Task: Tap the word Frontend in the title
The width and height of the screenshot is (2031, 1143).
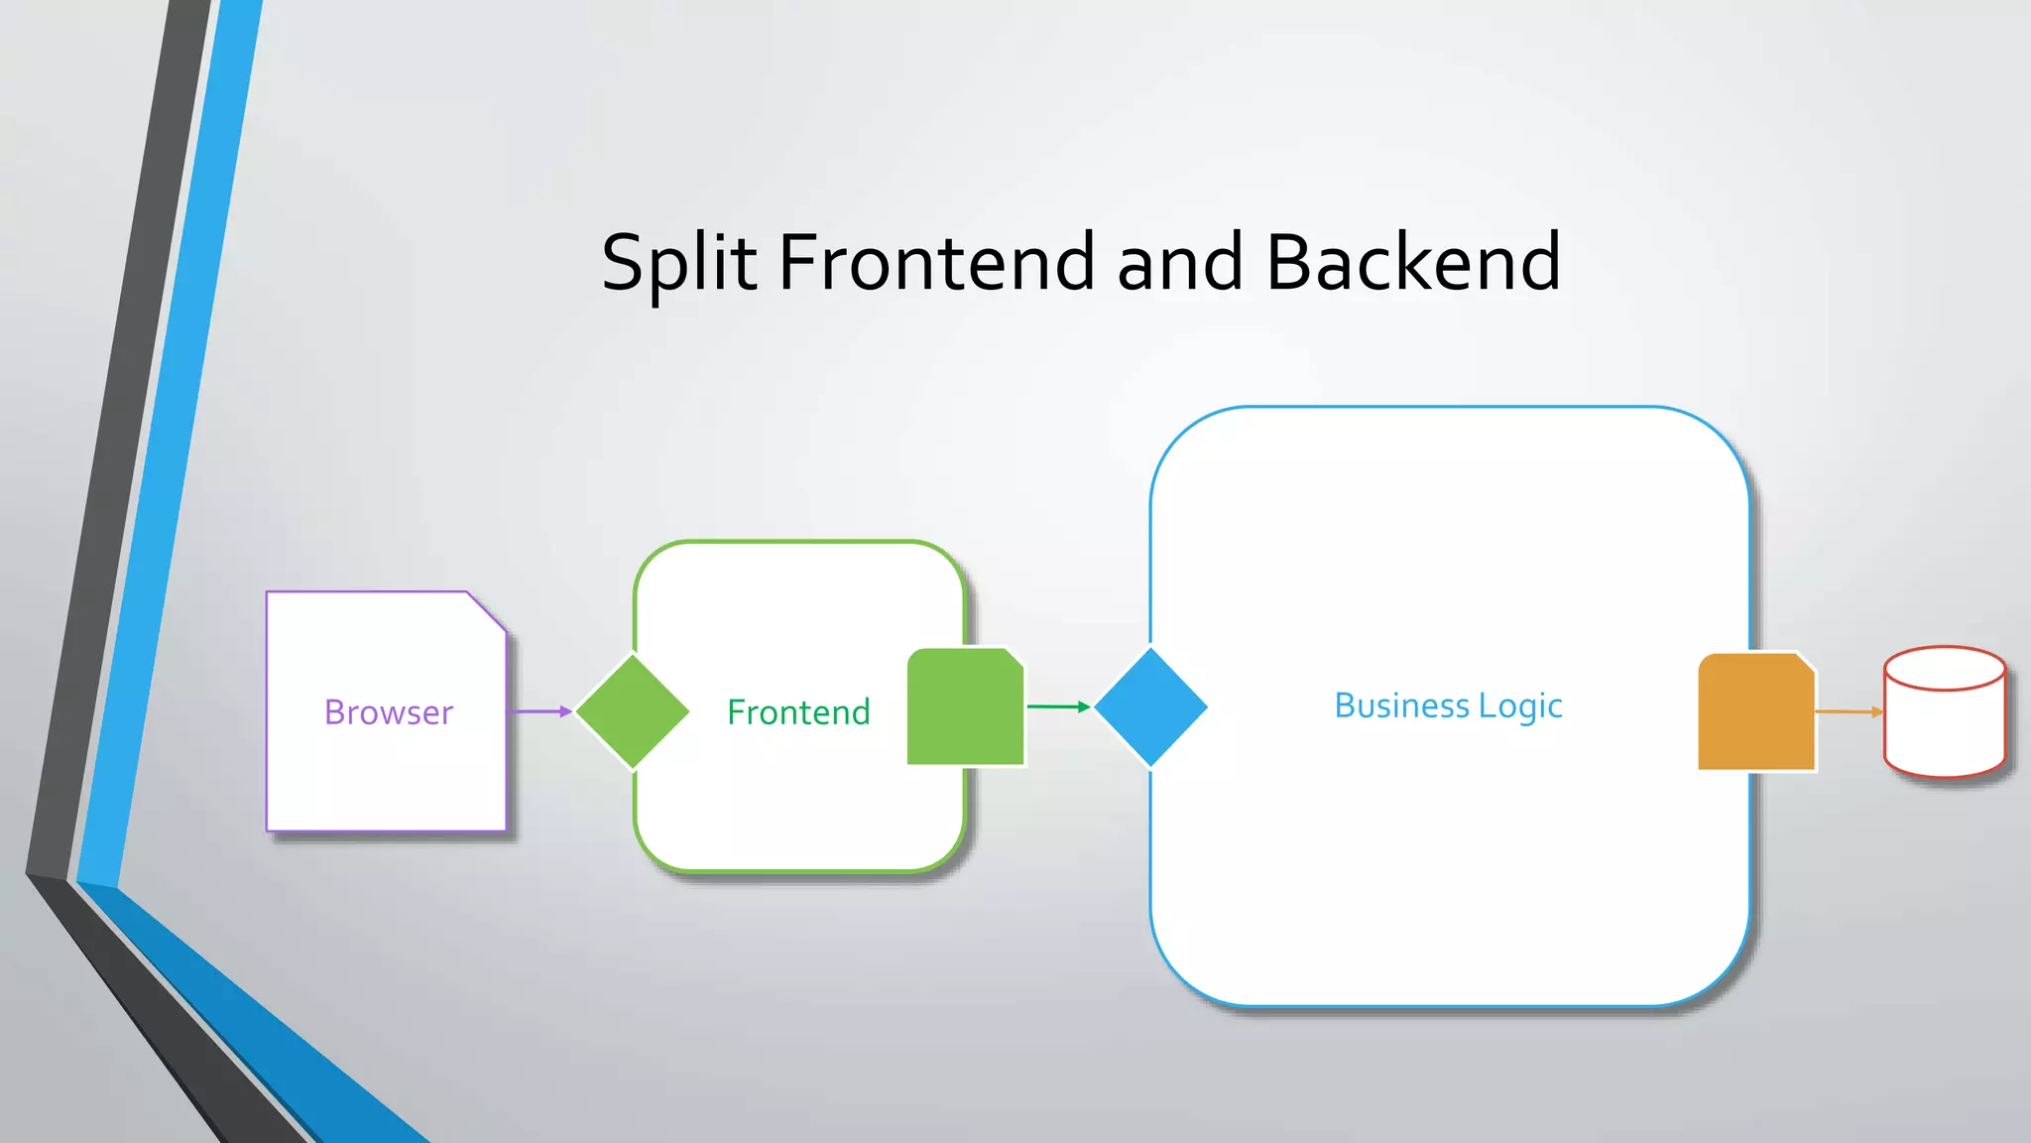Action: point(936,262)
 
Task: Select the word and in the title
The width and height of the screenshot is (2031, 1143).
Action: point(1179,262)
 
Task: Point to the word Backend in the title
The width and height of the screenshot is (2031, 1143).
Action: point(1413,262)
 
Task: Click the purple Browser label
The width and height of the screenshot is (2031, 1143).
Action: point(388,712)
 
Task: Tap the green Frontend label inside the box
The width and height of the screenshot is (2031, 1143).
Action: point(798,712)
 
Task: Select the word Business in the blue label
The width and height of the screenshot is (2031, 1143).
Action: point(1401,705)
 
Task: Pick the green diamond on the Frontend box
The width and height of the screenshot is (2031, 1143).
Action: point(633,711)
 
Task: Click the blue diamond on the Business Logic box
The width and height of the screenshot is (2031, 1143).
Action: point(1150,706)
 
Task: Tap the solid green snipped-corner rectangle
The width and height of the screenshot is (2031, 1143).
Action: point(965,706)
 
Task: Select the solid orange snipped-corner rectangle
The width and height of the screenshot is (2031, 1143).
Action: point(1755,711)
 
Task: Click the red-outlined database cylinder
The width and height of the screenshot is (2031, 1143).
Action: point(1944,724)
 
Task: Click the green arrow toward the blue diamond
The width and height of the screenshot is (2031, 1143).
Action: point(1058,706)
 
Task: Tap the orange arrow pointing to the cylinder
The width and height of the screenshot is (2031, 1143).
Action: point(1849,711)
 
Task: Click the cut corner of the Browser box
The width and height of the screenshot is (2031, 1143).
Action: point(488,610)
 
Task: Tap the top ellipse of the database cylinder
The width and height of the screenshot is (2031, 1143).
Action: point(1944,668)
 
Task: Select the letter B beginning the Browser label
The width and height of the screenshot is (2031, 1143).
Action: point(334,712)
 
